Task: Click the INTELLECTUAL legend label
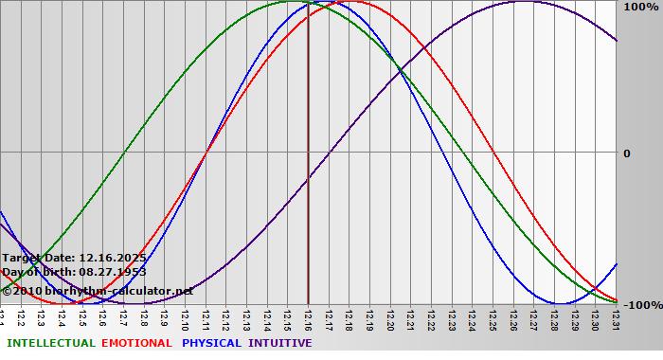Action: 50,343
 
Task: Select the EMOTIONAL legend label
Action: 136,343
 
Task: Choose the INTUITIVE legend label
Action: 280,343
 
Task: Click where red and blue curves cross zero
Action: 206,152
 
